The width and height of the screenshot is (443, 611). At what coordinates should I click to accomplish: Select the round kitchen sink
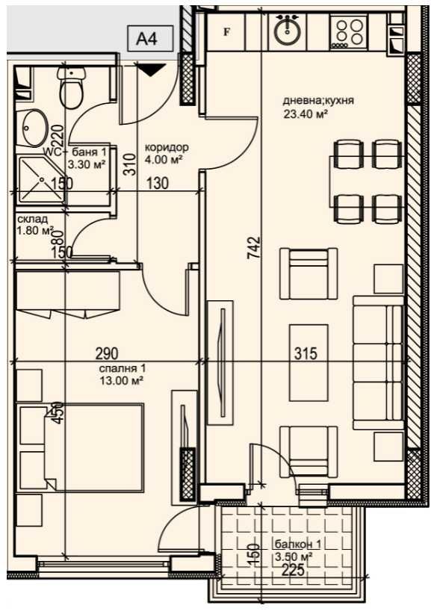pyautogui.click(x=287, y=31)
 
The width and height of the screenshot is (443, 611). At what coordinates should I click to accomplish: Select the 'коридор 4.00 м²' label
pyautogui.click(x=167, y=153)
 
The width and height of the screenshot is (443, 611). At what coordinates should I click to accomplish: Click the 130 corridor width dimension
pyautogui.click(x=158, y=183)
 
